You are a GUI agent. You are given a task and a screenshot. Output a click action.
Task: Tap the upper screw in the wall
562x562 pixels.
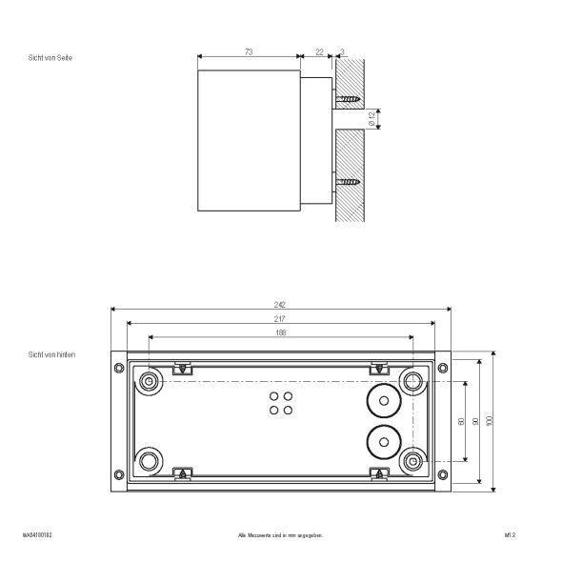pos(348,97)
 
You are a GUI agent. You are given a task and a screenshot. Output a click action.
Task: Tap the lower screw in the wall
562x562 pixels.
pos(348,179)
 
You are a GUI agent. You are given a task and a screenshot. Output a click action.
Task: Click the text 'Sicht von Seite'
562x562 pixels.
pos(50,59)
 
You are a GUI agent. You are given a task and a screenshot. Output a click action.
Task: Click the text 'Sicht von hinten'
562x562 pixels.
pos(51,354)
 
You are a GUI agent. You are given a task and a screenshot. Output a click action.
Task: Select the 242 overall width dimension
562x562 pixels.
pos(281,305)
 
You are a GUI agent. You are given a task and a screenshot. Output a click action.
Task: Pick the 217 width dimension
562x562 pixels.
pos(281,319)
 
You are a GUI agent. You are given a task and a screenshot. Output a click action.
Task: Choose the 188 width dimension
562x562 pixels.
pos(281,333)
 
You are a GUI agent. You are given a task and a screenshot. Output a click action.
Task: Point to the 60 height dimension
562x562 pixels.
pos(462,421)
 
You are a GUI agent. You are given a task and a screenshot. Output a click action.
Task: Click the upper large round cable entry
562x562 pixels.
pos(383,402)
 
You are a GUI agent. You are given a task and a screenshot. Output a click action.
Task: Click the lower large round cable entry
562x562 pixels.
pos(383,441)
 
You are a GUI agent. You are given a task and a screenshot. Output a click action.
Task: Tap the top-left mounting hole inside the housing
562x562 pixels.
pos(149,382)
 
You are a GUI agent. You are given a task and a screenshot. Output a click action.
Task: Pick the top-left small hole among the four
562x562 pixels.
pos(274,395)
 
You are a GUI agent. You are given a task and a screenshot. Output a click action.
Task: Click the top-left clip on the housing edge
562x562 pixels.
pos(181,367)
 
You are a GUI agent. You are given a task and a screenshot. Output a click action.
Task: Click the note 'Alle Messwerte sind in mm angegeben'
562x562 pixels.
pos(281,536)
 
